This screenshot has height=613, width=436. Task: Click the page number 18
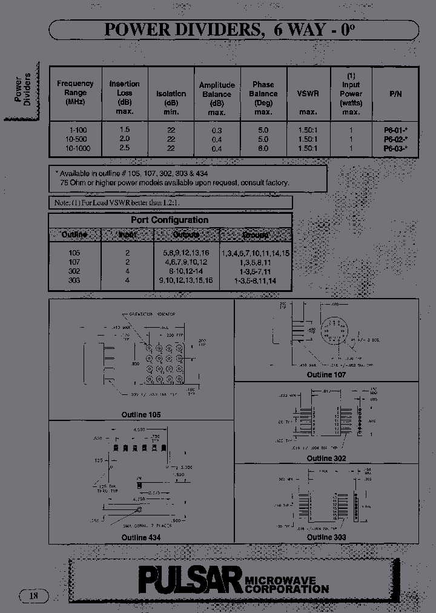click(x=33, y=596)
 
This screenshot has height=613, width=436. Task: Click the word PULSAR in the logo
click(x=190, y=580)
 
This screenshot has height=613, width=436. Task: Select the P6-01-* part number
click(x=395, y=130)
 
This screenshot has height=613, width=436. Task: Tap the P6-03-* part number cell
click(x=395, y=148)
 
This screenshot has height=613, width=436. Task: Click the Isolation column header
click(x=171, y=94)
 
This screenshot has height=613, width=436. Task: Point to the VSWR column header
click(x=308, y=94)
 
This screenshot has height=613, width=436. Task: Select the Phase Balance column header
click(x=263, y=98)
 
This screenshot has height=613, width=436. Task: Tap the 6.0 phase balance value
click(x=263, y=148)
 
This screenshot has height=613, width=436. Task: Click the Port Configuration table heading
click(x=170, y=220)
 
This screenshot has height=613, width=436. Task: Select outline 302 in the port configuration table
click(x=74, y=273)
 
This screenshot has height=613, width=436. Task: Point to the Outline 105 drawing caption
click(x=141, y=415)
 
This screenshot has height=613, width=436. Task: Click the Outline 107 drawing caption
click(x=326, y=375)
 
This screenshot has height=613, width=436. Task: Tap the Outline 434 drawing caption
click(x=141, y=537)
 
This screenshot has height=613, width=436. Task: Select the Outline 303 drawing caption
click(x=326, y=537)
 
